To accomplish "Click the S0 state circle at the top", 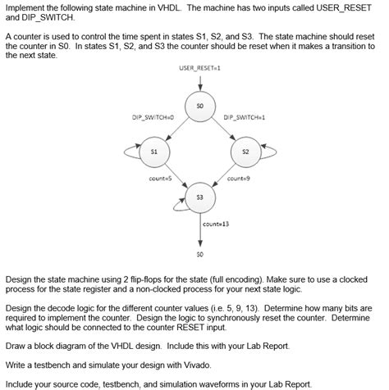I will (x=199, y=107).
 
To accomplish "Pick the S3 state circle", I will (x=199, y=197).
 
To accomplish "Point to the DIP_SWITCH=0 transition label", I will (x=152, y=118).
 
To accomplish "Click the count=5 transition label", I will (x=158, y=178).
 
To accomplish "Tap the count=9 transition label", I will (x=238, y=178).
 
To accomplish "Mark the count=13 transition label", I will (x=215, y=223).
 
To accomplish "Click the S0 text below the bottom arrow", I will (x=199, y=253).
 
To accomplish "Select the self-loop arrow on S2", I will (x=270, y=152).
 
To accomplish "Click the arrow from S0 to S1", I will (x=176, y=129).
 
